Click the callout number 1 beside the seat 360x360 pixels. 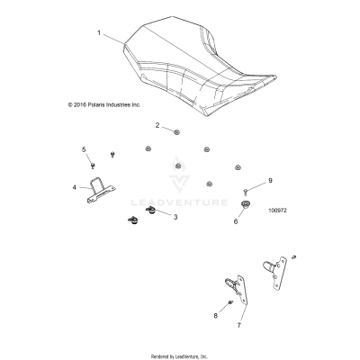tap(99, 32)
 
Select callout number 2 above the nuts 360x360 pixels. tap(157, 125)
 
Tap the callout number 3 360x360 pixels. tap(175, 217)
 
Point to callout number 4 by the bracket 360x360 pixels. tap(75, 187)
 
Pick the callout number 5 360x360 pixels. tap(84, 149)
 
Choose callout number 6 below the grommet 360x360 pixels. tap(236, 221)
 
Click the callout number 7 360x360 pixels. tap(239, 325)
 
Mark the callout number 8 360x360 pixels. tap(215, 316)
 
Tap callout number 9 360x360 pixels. tap(270, 181)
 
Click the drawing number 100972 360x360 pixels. tap(277, 211)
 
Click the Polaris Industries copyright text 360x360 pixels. tap(104, 105)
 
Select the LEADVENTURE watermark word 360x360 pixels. tap(179, 202)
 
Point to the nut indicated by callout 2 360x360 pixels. tap(176, 131)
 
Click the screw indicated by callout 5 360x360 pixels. tap(93, 165)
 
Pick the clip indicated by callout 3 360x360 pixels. tap(150, 211)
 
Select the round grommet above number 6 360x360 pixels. tap(246, 205)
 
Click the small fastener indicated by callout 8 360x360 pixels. tap(230, 302)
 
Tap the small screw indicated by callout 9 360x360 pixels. tap(246, 191)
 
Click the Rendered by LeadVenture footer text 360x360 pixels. tap(179, 356)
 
